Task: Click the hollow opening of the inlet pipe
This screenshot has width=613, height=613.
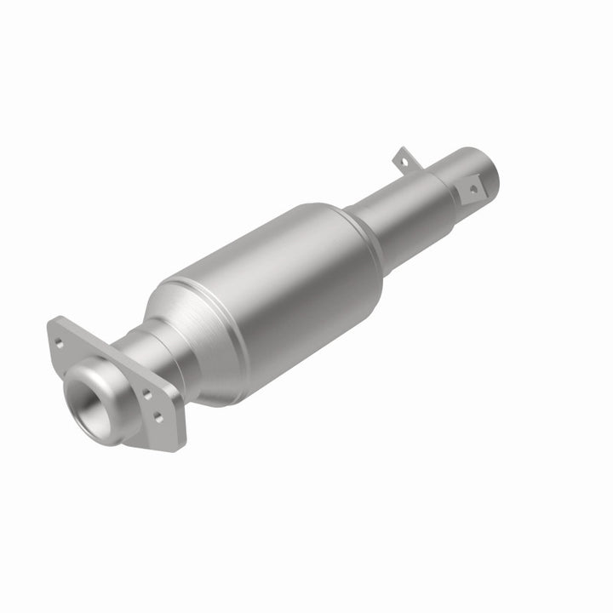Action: (89, 400)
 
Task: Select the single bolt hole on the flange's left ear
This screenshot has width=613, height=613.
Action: (60, 344)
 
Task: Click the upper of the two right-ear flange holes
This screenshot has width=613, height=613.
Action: (146, 394)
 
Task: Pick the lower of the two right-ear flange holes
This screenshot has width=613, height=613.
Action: (157, 415)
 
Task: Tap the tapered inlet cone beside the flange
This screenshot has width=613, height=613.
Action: (166, 319)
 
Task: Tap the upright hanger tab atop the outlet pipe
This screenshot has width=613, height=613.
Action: (402, 158)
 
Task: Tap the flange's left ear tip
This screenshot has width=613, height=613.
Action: (51, 328)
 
